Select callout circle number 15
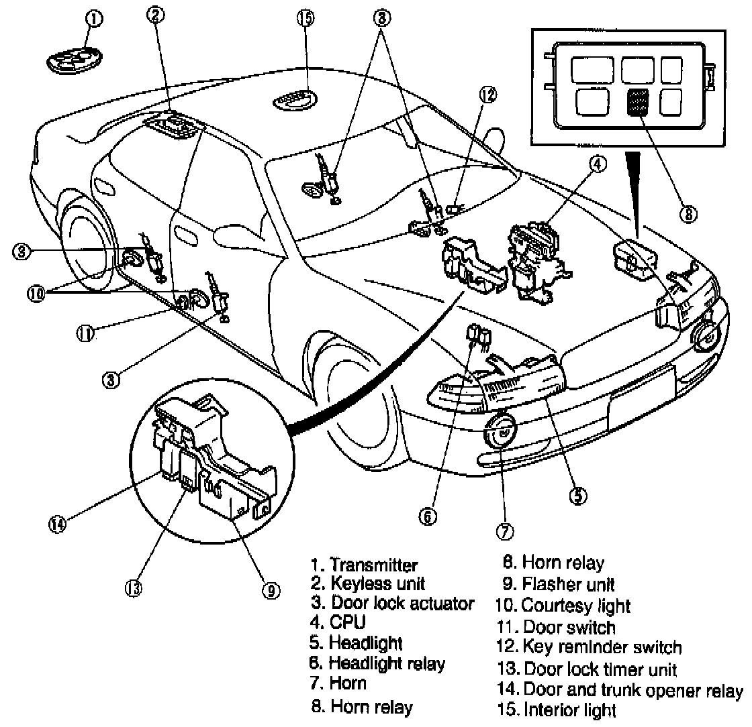pos(305,18)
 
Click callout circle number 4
pos(598,163)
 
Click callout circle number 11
pos(85,333)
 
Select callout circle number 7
pos(504,531)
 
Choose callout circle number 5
pos(577,496)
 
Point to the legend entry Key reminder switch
pos(602,648)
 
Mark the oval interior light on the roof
pos(293,101)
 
